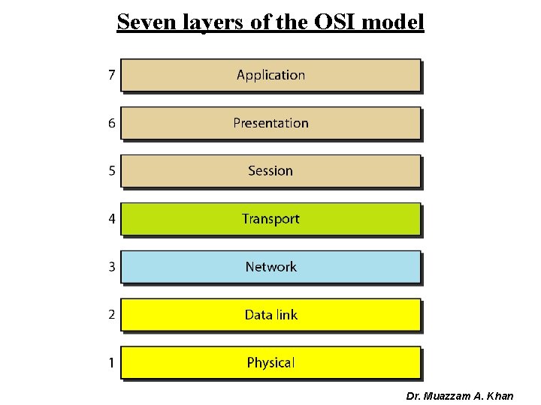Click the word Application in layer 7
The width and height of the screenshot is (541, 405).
click(x=270, y=75)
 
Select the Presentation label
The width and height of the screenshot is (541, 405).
click(x=270, y=123)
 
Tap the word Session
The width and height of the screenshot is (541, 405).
click(x=270, y=171)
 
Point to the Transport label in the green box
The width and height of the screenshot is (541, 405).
click(x=270, y=219)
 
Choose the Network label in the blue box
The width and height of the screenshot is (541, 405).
click(x=270, y=267)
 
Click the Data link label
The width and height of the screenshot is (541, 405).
click(x=270, y=315)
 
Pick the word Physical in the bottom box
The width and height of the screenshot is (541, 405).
click(x=270, y=363)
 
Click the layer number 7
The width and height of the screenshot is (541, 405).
click(x=111, y=75)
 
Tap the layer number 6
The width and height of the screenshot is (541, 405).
click(x=111, y=123)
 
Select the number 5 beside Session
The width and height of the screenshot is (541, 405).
click(x=111, y=171)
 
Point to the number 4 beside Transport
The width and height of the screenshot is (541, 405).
click(x=111, y=219)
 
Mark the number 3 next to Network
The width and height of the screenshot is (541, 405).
click(x=111, y=267)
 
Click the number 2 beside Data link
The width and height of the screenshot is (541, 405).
click(x=111, y=315)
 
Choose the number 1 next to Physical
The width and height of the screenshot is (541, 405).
click(x=111, y=363)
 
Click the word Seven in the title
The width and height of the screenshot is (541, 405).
click(x=143, y=22)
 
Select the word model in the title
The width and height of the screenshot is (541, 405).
click(x=394, y=22)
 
